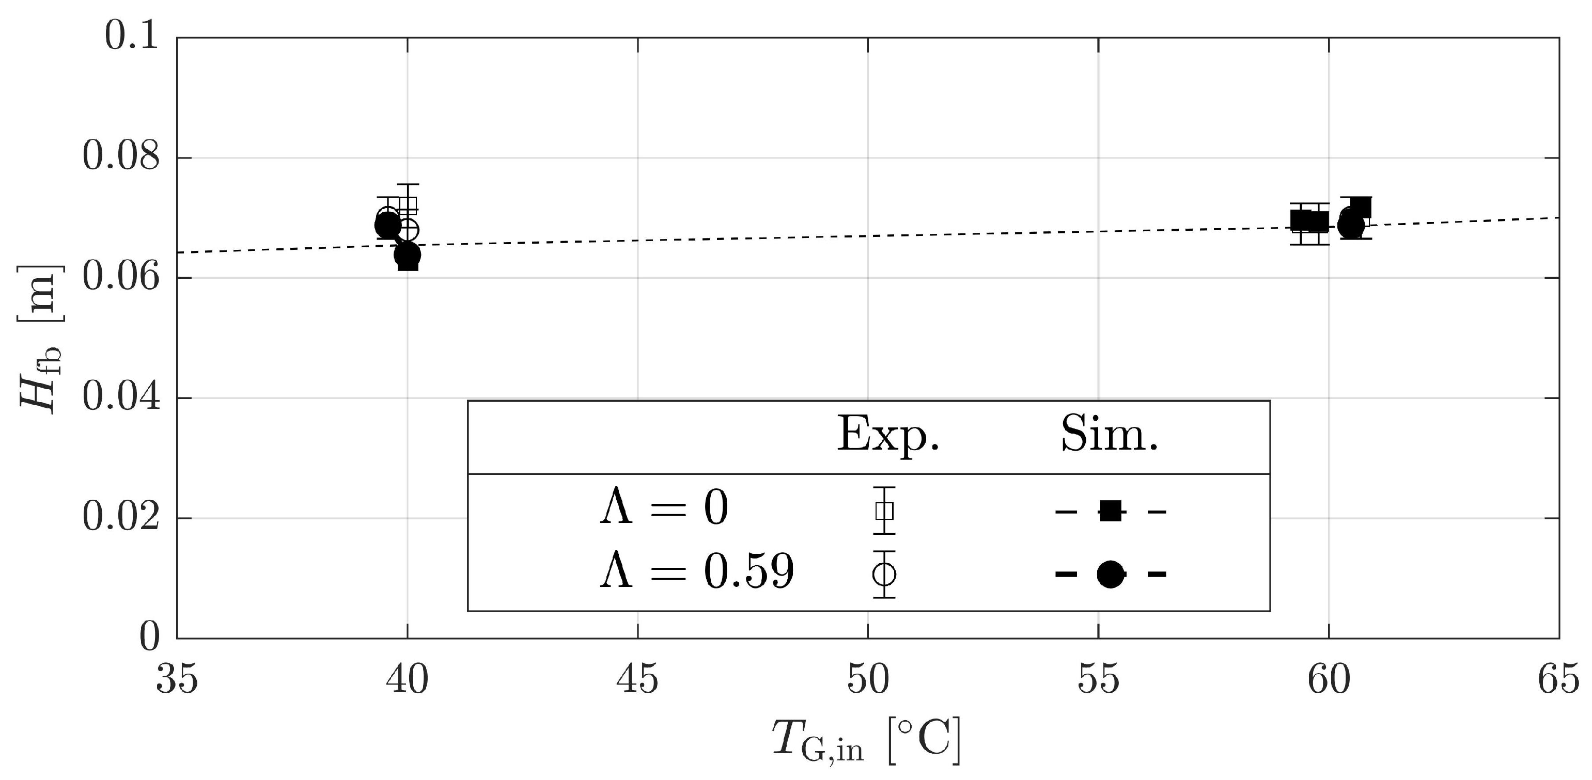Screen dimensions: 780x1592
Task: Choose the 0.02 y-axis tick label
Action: (x=120, y=518)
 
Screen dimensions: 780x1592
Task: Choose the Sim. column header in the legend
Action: (x=1110, y=435)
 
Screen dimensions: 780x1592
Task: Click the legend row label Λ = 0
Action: (x=664, y=510)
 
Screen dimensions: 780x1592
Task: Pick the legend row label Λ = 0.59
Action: (x=696, y=572)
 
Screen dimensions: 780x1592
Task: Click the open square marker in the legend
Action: (x=884, y=511)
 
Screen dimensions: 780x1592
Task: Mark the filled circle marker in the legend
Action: (x=1110, y=575)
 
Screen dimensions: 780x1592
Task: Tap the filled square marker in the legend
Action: (x=1110, y=512)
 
